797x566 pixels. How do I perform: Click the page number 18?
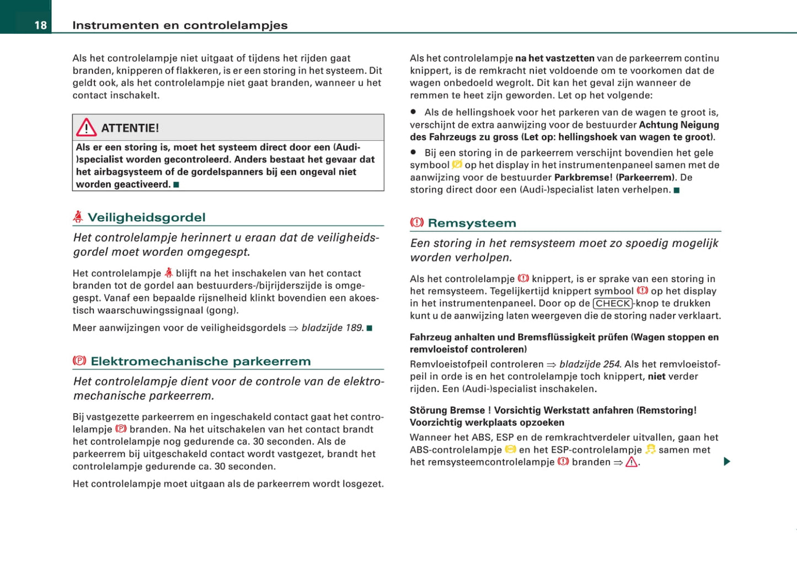[x=40, y=25]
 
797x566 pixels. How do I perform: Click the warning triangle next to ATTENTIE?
[x=86, y=128]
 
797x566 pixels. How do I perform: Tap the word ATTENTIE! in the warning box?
[x=130, y=129]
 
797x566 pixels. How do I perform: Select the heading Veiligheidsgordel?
[x=147, y=217]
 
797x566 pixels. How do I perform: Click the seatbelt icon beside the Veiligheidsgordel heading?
[x=78, y=217]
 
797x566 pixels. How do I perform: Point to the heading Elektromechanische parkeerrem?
[x=201, y=361]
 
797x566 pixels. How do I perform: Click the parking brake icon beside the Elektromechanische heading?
[x=79, y=361]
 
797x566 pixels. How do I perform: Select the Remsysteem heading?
[x=472, y=223]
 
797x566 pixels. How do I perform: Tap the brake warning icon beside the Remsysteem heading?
[x=417, y=222]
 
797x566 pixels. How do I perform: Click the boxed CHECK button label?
[x=613, y=303]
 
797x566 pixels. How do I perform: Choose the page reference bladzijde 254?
[x=590, y=364]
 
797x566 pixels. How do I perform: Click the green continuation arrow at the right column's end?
[x=727, y=461]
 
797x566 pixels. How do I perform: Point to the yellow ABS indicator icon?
[x=510, y=450]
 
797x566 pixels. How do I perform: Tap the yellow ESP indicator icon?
[x=651, y=450]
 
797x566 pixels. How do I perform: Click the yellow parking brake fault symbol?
[x=457, y=164]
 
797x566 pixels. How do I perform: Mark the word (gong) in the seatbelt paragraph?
[x=222, y=311]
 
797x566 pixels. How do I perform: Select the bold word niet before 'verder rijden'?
[x=656, y=376]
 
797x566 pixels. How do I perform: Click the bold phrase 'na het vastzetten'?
[x=555, y=58]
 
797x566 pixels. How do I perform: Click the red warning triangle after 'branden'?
[x=632, y=462]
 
